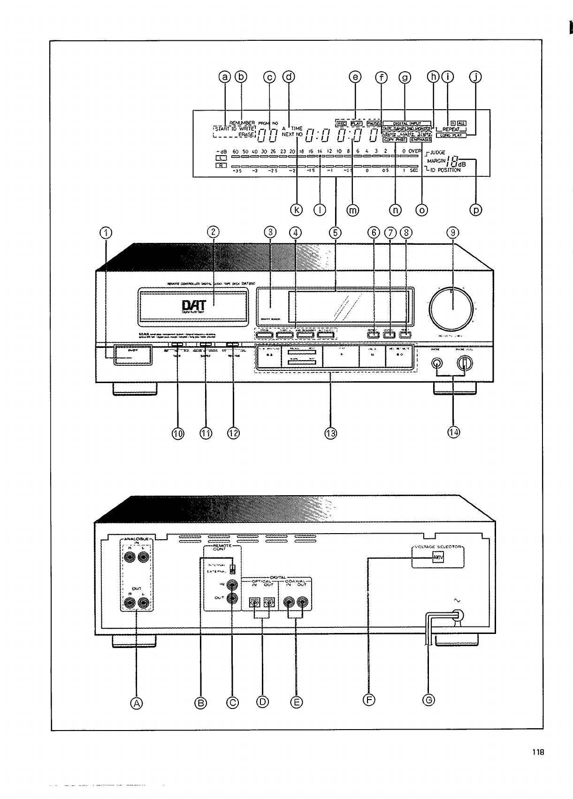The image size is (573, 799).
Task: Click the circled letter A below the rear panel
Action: pyautogui.click(x=137, y=702)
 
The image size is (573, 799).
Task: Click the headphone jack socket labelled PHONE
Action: pyautogui.click(x=437, y=363)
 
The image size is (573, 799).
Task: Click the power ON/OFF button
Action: pyautogui.click(x=132, y=355)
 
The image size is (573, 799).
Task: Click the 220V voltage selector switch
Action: pyautogui.click(x=438, y=558)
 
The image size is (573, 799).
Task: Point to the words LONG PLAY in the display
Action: pyautogui.click(x=451, y=136)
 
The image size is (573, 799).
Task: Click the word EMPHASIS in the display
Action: pyautogui.click(x=420, y=139)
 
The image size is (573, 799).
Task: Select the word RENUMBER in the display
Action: pyautogui.click(x=242, y=123)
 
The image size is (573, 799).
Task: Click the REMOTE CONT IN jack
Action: pyautogui.click(x=232, y=585)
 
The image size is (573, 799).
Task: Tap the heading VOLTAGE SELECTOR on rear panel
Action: pyautogui.click(x=438, y=547)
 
